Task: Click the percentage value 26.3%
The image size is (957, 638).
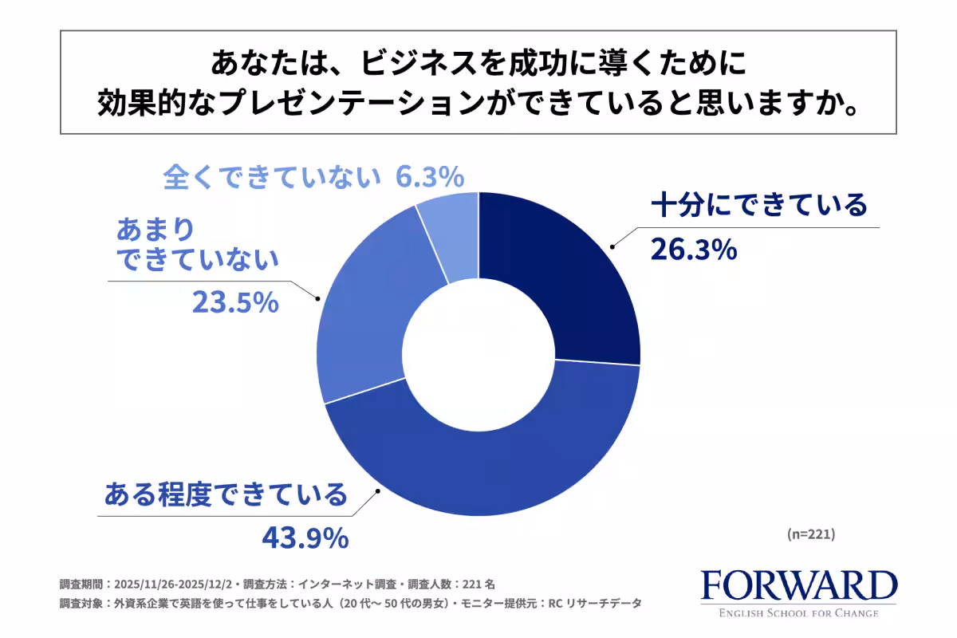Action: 692,250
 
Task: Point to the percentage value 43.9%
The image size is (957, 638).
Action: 305,538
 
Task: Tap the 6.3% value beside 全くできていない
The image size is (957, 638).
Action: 431,176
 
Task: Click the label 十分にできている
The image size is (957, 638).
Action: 758,206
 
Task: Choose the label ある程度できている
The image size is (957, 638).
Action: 226,494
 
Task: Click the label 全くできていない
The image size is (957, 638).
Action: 271,176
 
